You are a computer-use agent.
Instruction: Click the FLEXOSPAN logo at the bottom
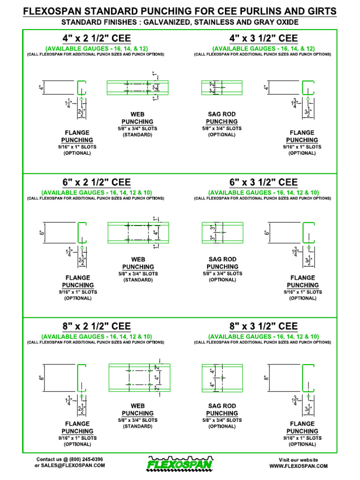180,464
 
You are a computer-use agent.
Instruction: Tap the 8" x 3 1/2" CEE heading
263,326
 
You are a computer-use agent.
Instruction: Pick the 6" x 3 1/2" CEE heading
263,182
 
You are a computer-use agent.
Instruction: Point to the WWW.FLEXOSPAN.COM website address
298,466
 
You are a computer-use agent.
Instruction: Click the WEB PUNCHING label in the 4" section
137,118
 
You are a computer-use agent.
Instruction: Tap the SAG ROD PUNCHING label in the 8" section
222,410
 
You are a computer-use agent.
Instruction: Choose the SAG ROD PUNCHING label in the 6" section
222,263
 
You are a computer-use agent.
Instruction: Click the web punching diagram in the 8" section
138,377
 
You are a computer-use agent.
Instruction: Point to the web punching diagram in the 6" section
138,232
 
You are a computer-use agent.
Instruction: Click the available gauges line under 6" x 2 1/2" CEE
97,193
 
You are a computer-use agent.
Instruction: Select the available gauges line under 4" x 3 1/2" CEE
263,48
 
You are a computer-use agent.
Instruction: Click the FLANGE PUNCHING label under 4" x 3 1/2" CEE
302,136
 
